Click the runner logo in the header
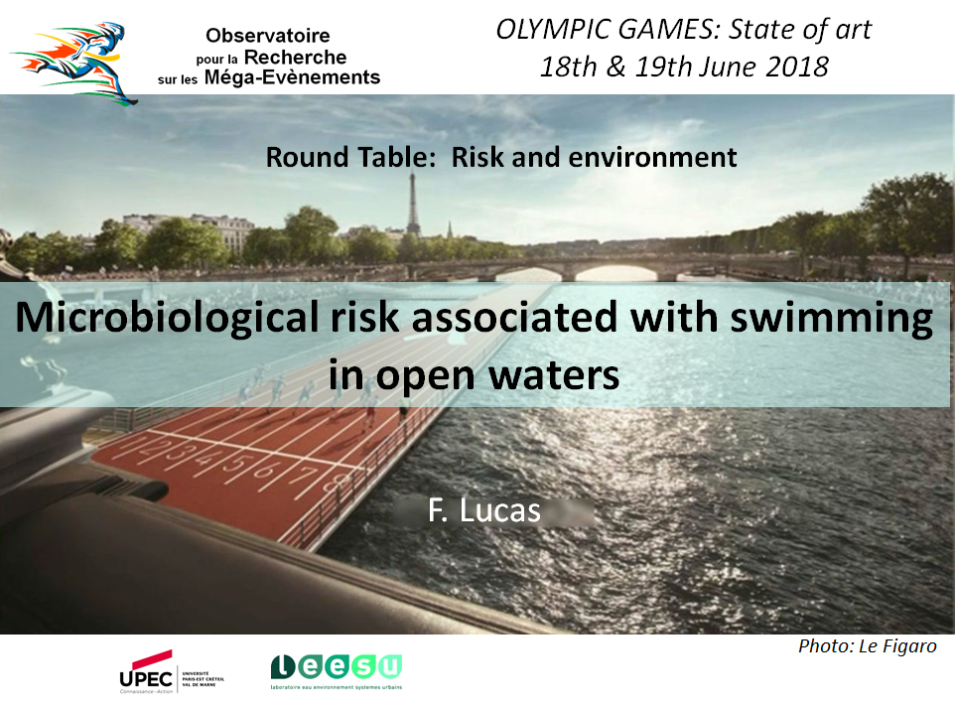tap(73, 64)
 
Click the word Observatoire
tap(267, 36)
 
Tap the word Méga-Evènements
tap(292, 77)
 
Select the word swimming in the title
tap(831, 318)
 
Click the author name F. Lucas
tap(484, 510)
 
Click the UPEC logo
tap(172, 671)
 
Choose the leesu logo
tap(337, 671)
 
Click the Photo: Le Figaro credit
tap(868, 646)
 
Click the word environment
tap(652, 158)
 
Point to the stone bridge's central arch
tap(615, 272)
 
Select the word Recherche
tap(296, 58)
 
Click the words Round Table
tap(348, 157)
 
